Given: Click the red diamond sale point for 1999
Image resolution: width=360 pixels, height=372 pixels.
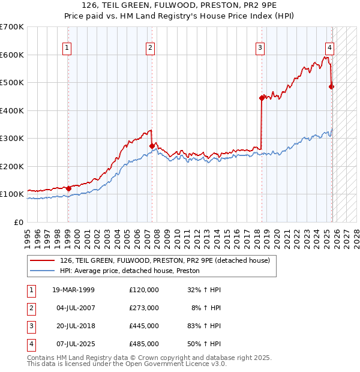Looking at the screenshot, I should coord(68,188).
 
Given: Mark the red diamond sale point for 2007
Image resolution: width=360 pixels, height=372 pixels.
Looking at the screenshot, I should coord(152,146).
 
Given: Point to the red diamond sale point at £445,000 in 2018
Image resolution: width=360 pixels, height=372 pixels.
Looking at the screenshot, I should coord(262,98).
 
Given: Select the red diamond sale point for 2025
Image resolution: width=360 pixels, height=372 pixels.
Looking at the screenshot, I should coord(332,86).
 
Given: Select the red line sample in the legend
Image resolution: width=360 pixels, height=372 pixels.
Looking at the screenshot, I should coord(42,260).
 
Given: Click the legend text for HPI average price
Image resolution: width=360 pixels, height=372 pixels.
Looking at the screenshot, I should coord(130,271).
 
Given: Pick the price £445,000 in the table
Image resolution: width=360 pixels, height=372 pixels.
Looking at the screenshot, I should coord(144,326).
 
